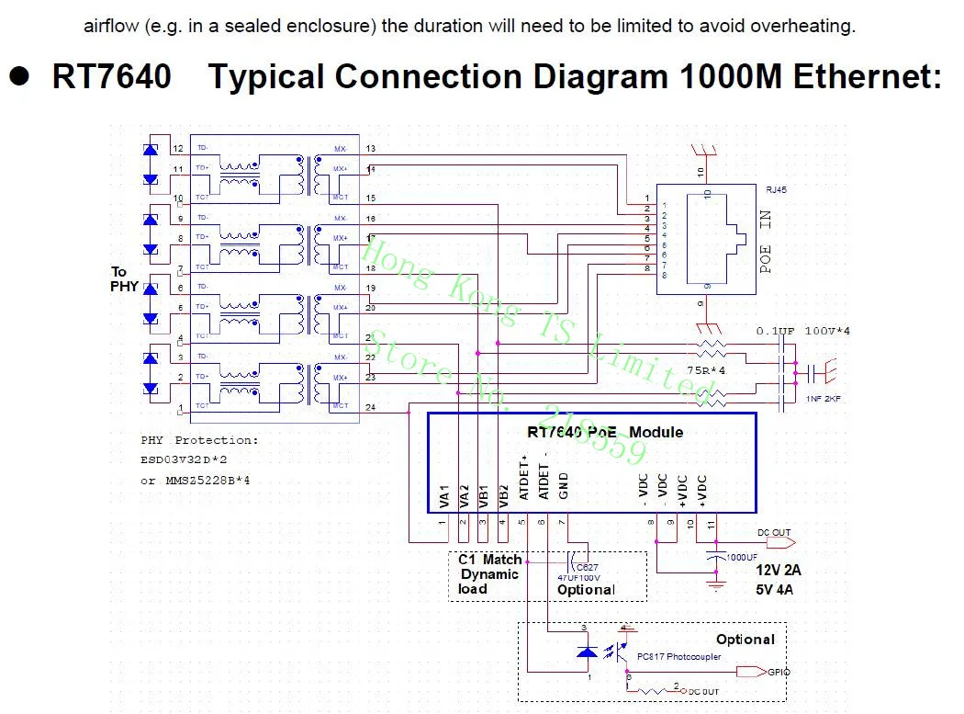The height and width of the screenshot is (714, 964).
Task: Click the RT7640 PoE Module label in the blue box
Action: (605, 432)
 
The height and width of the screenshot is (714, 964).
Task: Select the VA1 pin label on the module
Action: (443, 495)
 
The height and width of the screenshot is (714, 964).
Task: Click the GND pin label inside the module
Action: (565, 487)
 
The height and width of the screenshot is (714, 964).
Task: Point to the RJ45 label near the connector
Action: (776, 190)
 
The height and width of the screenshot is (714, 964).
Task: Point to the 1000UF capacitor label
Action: (742, 558)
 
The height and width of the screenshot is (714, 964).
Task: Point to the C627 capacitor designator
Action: (588, 568)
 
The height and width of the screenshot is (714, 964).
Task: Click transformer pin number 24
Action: (370, 407)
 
